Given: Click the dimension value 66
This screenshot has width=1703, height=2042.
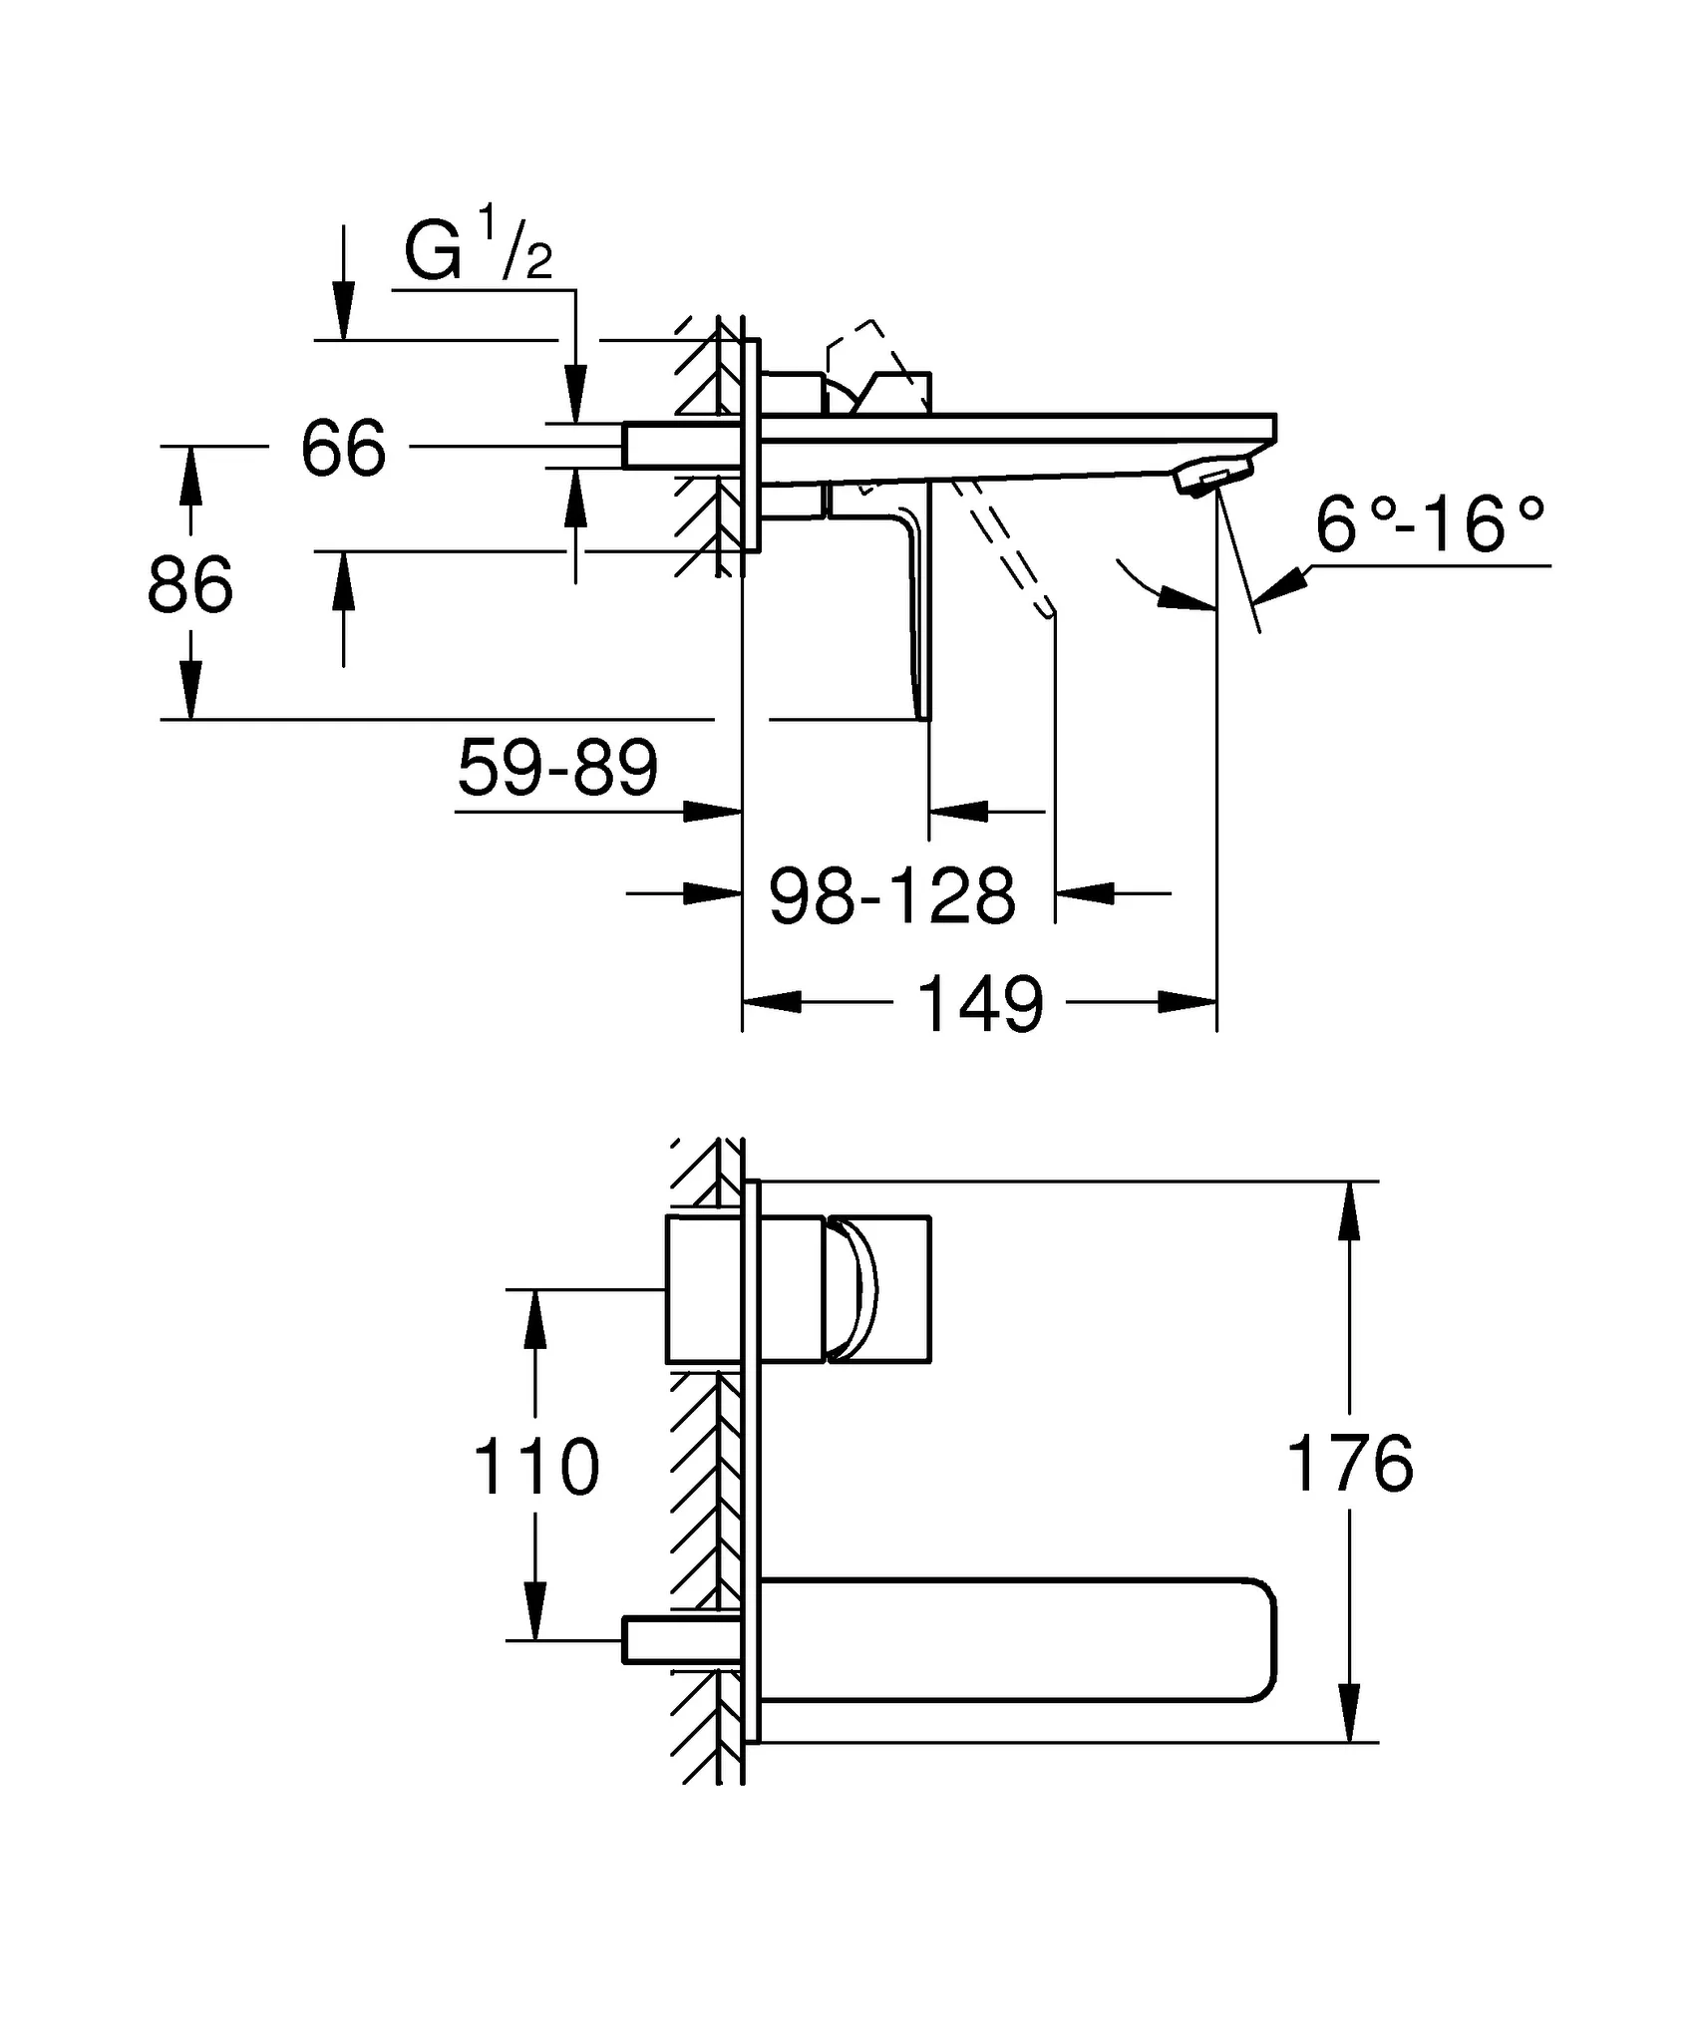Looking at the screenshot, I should pyautogui.click(x=343, y=449).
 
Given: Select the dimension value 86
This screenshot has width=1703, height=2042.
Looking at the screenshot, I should pyautogui.click(x=189, y=585).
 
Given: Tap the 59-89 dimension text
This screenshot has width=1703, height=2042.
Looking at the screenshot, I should pyautogui.click(x=557, y=768).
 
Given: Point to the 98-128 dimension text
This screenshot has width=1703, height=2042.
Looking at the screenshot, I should pyautogui.click(x=892, y=895).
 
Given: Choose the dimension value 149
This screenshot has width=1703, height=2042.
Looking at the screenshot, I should pyautogui.click(x=980, y=1004).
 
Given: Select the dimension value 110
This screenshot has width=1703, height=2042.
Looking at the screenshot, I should pyautogui.click(x=535, y=1467).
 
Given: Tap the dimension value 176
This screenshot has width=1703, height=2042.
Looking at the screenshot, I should pyautogui.click(x=1350, y=1464).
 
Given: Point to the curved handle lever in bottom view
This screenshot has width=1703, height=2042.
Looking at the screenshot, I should pyautogui.click(x=855, y=1289).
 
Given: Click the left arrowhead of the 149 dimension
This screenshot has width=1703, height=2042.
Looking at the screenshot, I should pyautogui.click(x=772, y=1001).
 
